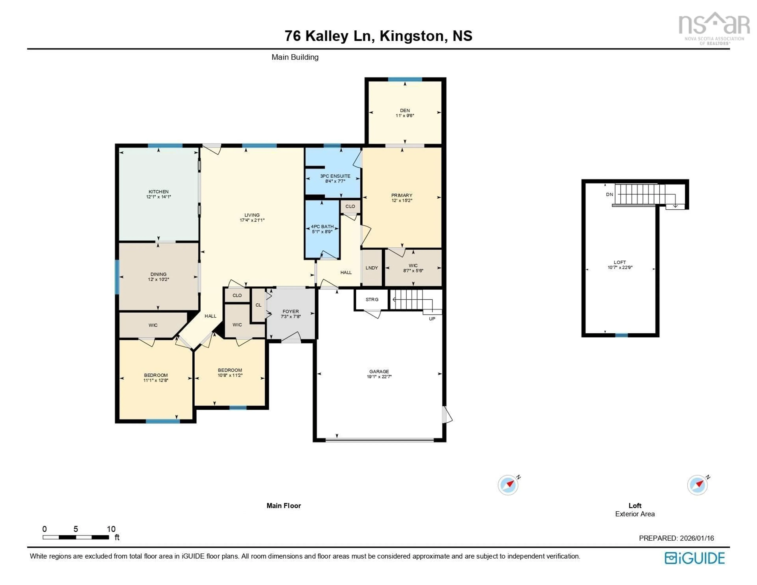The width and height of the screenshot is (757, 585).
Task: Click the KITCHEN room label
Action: click(x=158, y=191)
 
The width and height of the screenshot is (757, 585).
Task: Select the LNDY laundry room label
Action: click(x=372, y=268)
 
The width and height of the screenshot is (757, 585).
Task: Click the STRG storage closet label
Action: click(x=372, y=299)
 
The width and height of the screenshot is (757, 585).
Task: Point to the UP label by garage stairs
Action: click(x=432, y=319)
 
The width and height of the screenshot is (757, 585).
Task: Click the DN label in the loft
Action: click(x=609, y=194)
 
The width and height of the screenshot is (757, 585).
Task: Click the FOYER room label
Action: click(x=290, y=311)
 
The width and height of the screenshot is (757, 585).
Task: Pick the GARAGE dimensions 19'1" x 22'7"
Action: click(x=379, y=377)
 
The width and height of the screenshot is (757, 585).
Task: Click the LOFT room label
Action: click(x=620, y=262)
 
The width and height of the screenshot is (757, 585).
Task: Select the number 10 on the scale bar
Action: click(x=111, y=529)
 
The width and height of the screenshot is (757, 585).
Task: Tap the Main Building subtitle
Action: click(x=295, y=57)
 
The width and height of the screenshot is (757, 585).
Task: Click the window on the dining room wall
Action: click(x=117, y=277)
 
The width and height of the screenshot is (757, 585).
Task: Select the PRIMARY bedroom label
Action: click(x=402, y=195)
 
